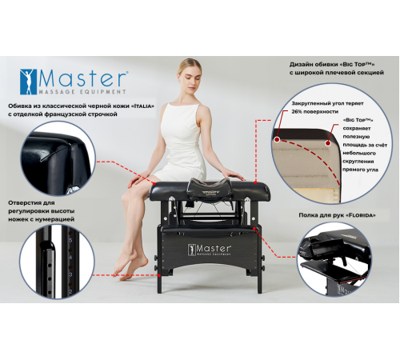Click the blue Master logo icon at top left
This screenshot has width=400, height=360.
pos(28,82)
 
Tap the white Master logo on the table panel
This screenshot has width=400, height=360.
pos(210,250)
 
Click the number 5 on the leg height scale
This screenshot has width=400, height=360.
pos(70,240)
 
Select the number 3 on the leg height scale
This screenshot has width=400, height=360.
pos(70,274)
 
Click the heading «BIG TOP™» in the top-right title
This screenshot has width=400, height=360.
pos(358,64)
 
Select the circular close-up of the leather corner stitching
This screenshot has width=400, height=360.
pos(58,158)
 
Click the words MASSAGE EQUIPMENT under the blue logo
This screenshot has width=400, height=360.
pos(82,92)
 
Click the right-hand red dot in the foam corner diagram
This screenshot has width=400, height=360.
pos(328,143)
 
